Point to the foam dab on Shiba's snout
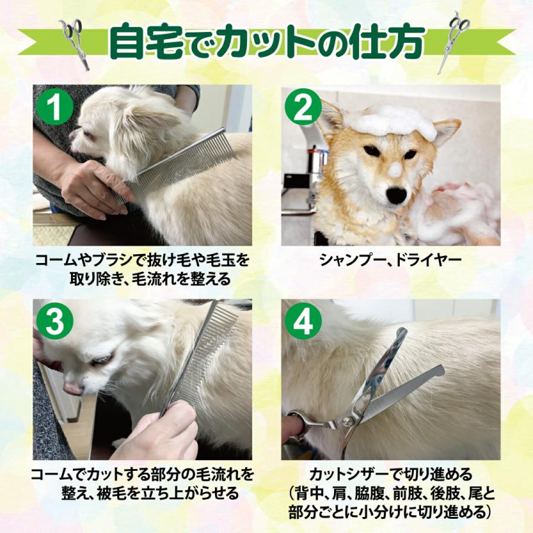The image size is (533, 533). point(395,170)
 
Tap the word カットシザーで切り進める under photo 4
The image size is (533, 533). point(390,474)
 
